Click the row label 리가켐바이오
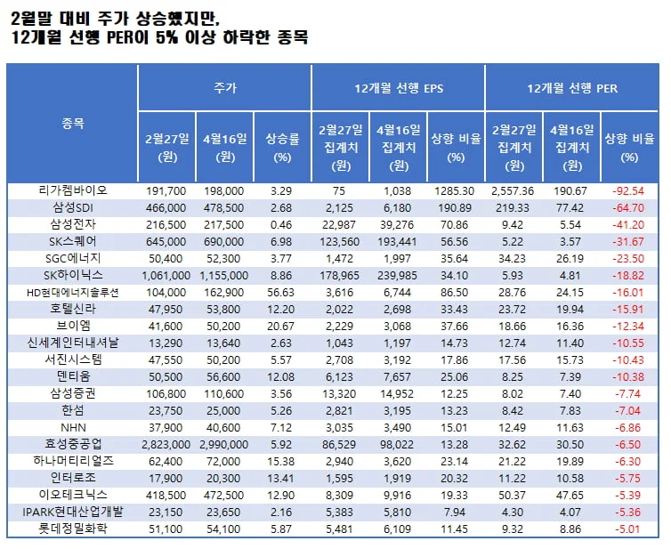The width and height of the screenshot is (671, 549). click(x=73, y=190)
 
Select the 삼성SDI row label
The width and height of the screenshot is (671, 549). click(x=73, y=207)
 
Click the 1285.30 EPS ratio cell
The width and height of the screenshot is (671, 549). click(x=455, y=190)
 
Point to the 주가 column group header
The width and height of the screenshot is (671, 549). click(x=224, y=88)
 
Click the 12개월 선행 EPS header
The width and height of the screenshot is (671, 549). click(x=398, y=88)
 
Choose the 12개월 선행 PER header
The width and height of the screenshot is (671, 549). click(x=571, y=88)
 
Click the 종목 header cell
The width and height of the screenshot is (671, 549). click(x=73, y=124)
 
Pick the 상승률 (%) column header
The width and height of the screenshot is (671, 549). click(x=282, y=147)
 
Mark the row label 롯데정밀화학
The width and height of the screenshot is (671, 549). click(x=73, y=529)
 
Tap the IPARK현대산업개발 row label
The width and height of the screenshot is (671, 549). click(x=73, y=512)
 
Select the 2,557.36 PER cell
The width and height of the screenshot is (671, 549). click(x=513, y=190)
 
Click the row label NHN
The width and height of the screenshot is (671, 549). click(x=73, y=427)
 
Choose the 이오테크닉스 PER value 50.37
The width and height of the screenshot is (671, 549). click(x=513, y=495)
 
